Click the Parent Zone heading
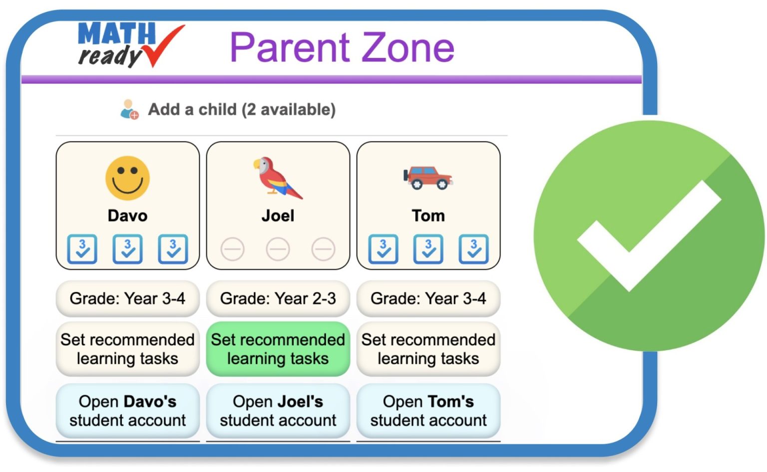pos(342,47)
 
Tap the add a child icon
pos(129,109)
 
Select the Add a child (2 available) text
pos(242,109)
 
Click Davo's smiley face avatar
pos(127,178)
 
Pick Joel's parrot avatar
pos(277,178)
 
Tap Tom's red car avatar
pos(428,178)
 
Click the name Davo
pos(127,216)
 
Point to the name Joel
pos(278,216)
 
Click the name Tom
pos(428,216)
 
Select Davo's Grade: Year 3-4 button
pos(127,298)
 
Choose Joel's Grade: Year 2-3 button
pos(278,298)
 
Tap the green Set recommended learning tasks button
pos(278,349)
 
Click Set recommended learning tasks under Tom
pos(428,349)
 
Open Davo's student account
pos(127,411)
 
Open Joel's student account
pos(278,411)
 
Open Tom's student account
pos(428,411)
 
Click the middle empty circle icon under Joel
pos(278,249)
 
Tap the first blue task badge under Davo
pos(82,248)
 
